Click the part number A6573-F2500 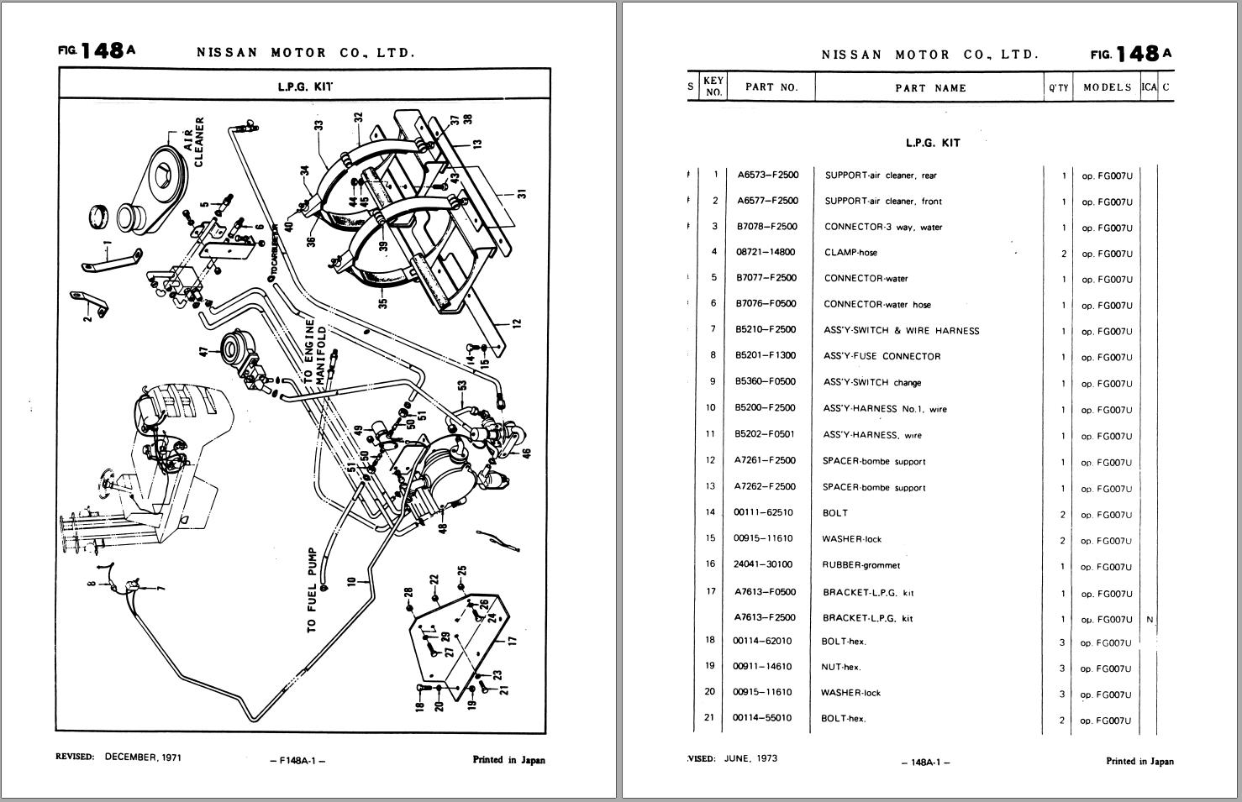coord(767,175)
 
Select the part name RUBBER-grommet coord(860,565)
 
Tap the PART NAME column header coord(930,87)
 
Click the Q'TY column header coord(1058,87)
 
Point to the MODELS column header coord(1107,87)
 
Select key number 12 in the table coord(711,460)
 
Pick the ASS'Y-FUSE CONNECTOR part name coord(882,356)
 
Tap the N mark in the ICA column coord(1149,620)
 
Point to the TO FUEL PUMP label coord(313,590)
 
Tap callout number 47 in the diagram coord(203,351)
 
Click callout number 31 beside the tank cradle coord(522,194)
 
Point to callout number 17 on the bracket coord(513,639)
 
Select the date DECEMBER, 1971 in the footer coord(143,757)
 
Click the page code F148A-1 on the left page coord(297,761)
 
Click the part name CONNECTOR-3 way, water coord(883,227)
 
